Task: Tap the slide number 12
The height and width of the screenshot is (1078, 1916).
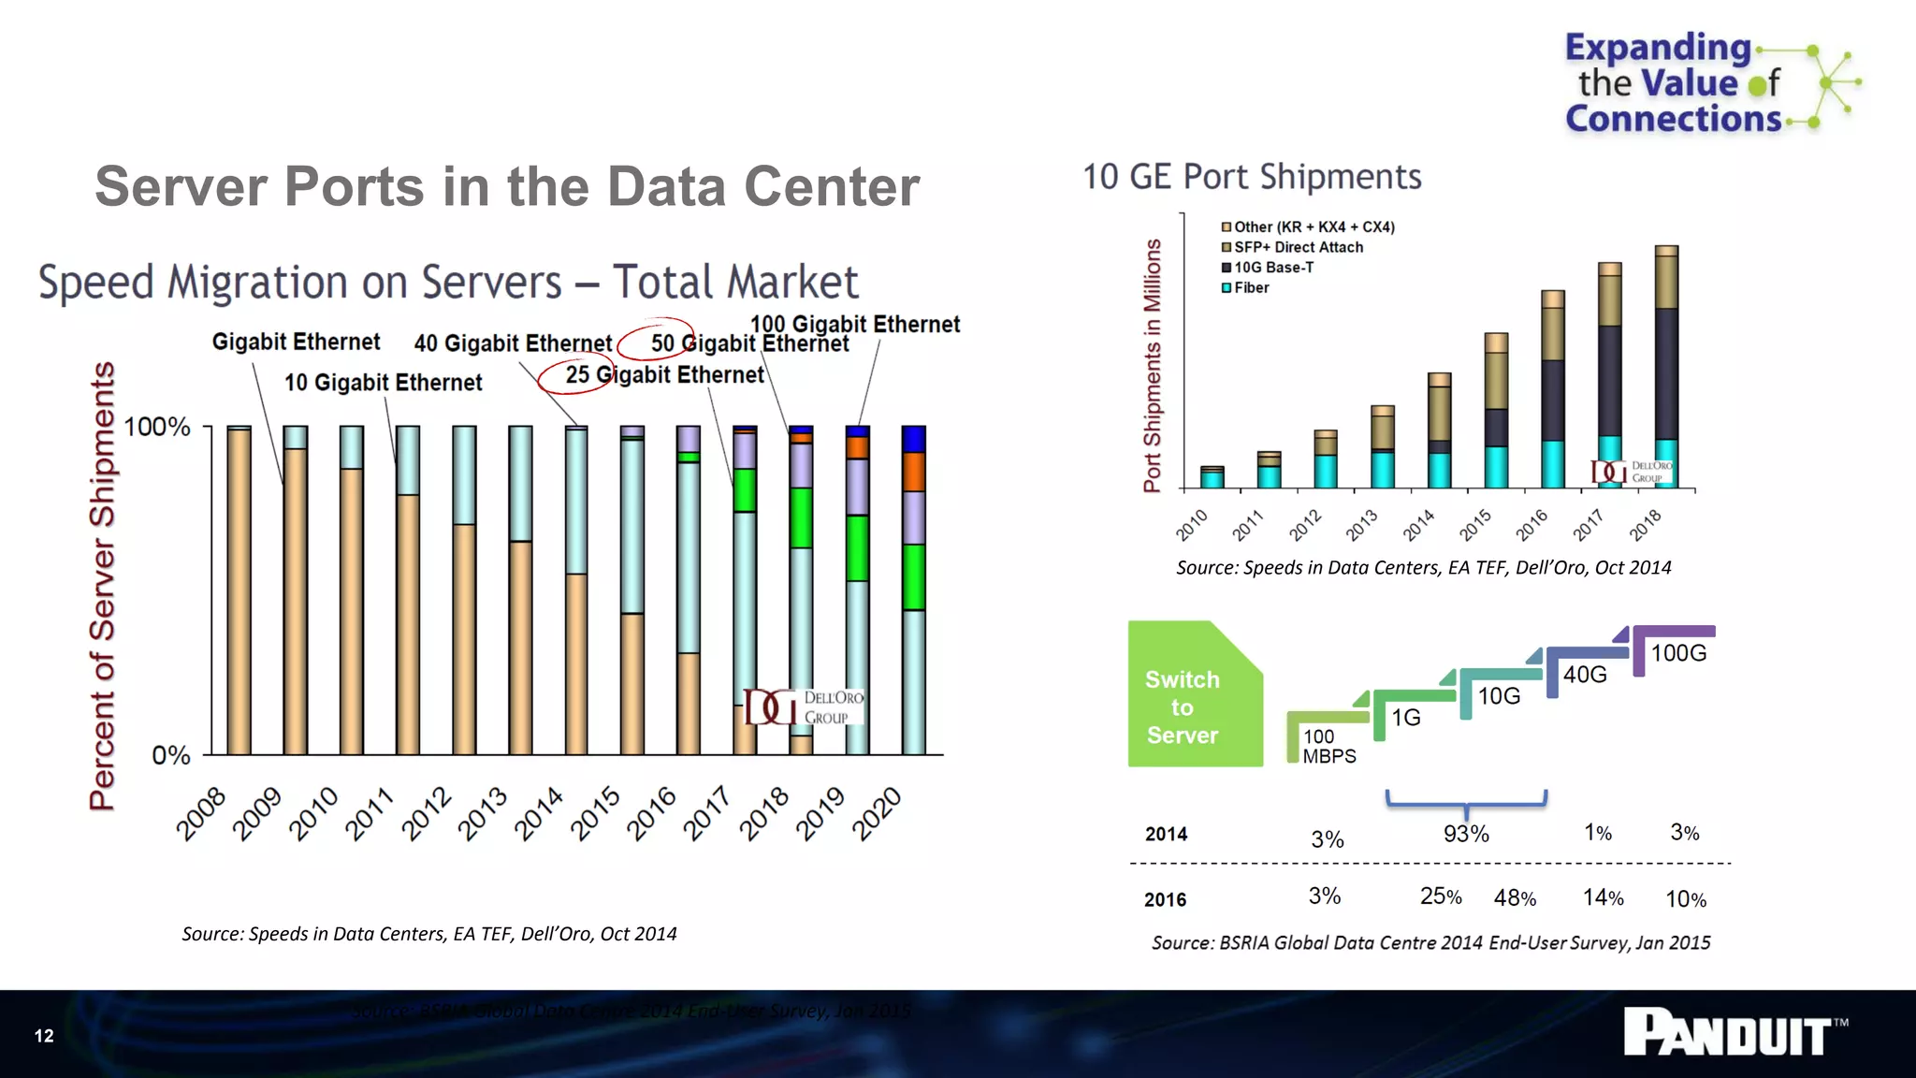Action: pos(44,1035)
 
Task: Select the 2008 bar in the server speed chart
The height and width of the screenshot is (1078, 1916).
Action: pos(239,590)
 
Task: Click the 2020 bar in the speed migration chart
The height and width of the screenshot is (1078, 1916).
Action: pos(913,590)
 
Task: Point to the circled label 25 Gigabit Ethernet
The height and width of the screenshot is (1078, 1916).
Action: pos(663,375)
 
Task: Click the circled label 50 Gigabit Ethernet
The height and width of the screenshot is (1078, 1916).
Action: pos(748,343)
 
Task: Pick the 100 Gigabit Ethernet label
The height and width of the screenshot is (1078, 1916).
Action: pos(854,324)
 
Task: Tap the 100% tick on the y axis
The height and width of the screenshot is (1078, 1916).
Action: pos(157,427)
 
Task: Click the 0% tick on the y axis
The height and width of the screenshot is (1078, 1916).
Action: pos(171,755)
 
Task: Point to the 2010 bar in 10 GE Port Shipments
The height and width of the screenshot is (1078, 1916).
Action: pos(1212,477)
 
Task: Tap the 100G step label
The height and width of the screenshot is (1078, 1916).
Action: pos(1678,653)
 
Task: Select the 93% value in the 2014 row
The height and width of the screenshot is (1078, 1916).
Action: pos(1465,834)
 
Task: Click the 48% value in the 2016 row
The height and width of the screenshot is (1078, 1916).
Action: pos(1515,898)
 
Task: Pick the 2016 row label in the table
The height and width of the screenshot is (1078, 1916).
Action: pos(1165,899)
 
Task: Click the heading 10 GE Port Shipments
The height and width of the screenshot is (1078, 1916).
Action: pos(1252,177)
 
